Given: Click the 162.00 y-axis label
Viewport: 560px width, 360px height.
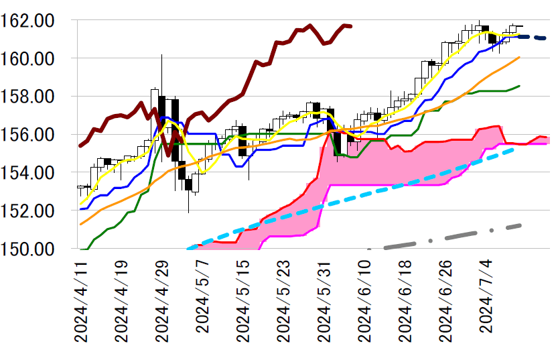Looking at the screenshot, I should click(x=35, y=20).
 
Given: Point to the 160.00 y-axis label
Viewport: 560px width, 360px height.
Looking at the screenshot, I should click(x=35, y=58).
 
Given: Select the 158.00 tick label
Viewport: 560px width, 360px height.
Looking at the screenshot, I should click(x=35, y=97).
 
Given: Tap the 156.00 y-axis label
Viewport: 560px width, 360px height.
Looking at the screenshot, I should click(x=35, y=135).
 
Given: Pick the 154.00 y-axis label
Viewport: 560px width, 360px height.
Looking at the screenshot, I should click(x=35, y=173).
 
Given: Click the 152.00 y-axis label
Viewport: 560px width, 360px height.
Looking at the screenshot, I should click(x=35, y=211).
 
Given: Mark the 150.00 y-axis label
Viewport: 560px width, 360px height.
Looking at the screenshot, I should click(x=35, y=249).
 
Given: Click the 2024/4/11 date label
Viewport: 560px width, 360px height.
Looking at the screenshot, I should click(x=82, y=302).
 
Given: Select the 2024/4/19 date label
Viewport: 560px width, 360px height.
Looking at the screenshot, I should click(x=122, y=302).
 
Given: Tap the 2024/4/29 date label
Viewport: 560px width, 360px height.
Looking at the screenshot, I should click(x=162, y=302).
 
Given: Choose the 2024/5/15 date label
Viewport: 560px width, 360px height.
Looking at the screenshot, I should click(x=242, y=302).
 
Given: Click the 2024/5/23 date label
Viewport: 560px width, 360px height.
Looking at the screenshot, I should click(x=283, y=302).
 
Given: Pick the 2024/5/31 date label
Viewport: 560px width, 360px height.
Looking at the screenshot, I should click(x=323, y=302).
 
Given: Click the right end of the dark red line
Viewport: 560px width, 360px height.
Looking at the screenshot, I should click(x=352, y=26).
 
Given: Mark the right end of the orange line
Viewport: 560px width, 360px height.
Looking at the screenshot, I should click(x=520, y=58).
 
